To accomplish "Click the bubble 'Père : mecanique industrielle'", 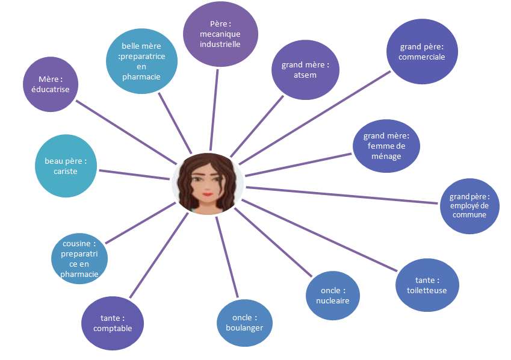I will coord(220,34).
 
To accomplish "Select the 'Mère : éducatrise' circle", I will coord(54,84).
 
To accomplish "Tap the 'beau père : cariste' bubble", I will coord(66,166).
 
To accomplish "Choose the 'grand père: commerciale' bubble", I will coord(422,52).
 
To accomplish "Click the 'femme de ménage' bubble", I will coord(386,146).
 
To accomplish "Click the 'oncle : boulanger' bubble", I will coord(244,323).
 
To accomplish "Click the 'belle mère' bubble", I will coord(141,61).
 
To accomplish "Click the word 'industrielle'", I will coord(220,44).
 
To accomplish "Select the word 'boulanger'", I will coord(244,327).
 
